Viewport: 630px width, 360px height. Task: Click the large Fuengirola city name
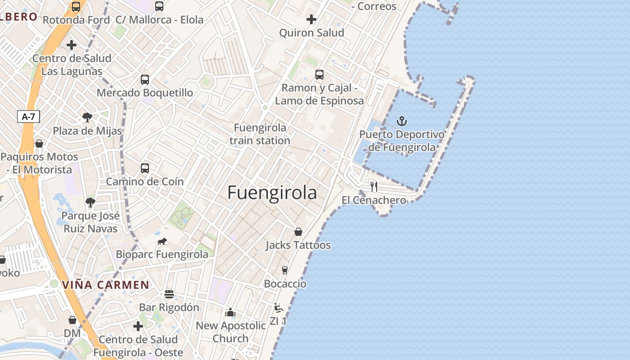272,193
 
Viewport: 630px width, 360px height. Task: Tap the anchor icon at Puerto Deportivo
401,121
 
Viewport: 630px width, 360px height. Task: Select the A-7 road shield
28,117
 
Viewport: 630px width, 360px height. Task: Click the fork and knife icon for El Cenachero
374,186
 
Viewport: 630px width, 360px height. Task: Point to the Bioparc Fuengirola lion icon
162,242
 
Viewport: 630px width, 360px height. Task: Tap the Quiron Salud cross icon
311,19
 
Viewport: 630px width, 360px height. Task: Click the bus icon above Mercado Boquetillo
144,80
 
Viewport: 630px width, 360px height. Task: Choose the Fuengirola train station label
260,134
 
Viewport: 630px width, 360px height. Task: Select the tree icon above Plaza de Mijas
87,118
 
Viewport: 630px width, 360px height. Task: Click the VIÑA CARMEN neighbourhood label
105,285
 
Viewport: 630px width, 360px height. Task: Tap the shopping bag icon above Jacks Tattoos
298,232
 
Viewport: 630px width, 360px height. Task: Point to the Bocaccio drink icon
284,270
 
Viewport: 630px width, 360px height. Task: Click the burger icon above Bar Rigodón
169,294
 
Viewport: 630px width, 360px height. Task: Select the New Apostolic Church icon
230,312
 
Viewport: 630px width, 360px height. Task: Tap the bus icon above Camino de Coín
144,168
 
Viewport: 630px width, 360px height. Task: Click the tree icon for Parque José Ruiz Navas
90,202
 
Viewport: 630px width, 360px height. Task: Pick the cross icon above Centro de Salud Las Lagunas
72,45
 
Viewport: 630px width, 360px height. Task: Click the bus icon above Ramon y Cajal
319,74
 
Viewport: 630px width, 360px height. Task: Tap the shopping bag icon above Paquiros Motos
39,144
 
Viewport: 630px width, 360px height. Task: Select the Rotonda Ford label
76,20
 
